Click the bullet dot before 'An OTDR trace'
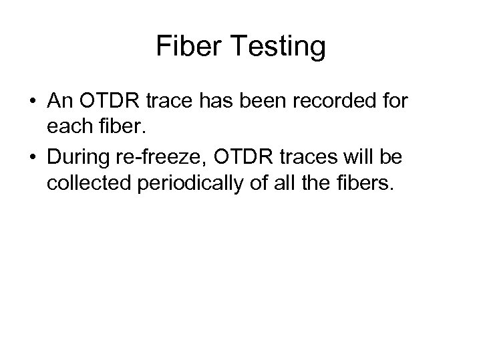tap(33, 101)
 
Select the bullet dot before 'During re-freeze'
tap(33, 158)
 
